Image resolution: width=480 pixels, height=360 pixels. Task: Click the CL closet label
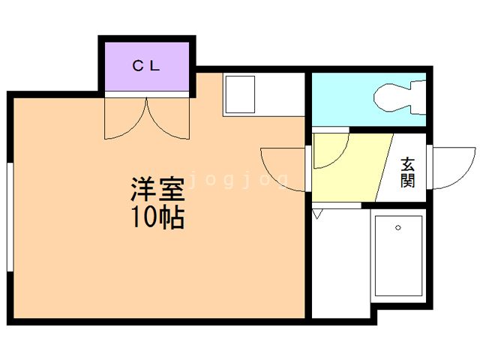(x=146, y=66)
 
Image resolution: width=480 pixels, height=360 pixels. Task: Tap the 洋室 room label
(x=157, y=189)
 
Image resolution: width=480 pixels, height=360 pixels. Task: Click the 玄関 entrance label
(x=408, y=172)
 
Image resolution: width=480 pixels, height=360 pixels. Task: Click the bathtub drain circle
(x=398, y=227)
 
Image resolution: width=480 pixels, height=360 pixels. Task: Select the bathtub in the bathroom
(x=398, y=256)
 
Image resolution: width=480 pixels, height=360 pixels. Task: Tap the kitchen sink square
(x=240, y=94)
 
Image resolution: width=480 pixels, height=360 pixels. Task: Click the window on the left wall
(x=10, y=217)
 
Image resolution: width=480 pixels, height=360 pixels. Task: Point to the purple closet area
(x=147, y=67)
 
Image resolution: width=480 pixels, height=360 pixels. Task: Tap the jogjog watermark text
(x=238, y=180)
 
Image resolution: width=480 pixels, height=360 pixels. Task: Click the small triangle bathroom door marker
(x=317, y=214)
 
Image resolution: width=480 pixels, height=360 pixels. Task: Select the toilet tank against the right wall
(x=418, y=97)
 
